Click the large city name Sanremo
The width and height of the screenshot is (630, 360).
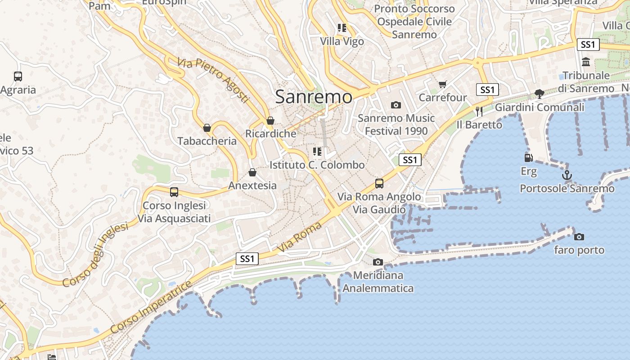coord(314,97)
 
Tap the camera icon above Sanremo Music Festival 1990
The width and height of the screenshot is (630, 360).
coord(396,105)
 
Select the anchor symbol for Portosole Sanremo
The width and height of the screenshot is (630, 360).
coord(567,175)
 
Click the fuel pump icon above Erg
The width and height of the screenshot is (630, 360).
coord(529,158)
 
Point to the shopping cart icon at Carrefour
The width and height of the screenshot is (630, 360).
coord(443,85)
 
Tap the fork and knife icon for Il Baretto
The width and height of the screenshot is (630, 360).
coord(479,111)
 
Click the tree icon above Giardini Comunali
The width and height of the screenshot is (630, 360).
coord(539,94)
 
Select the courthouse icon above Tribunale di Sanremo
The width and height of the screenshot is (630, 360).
coord(586,62)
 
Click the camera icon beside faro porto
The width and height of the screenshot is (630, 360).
coord(579,237)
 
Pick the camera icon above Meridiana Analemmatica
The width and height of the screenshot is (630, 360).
coord(378,262)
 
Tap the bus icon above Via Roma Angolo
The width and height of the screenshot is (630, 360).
coord(379,184)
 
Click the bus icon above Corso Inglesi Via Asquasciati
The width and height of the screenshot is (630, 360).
coord(174,192)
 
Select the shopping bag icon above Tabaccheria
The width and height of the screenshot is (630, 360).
coord(207,128)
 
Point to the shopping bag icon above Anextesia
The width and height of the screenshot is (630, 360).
coord(252,172)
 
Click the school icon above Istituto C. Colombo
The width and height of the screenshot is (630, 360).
coord(317,152)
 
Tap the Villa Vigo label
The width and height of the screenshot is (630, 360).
coord(342,41)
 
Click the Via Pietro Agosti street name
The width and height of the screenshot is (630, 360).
coord(213,80)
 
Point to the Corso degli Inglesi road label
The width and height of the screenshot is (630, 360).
coord(95,255)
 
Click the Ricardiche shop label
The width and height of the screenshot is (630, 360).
coord(270,134)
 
